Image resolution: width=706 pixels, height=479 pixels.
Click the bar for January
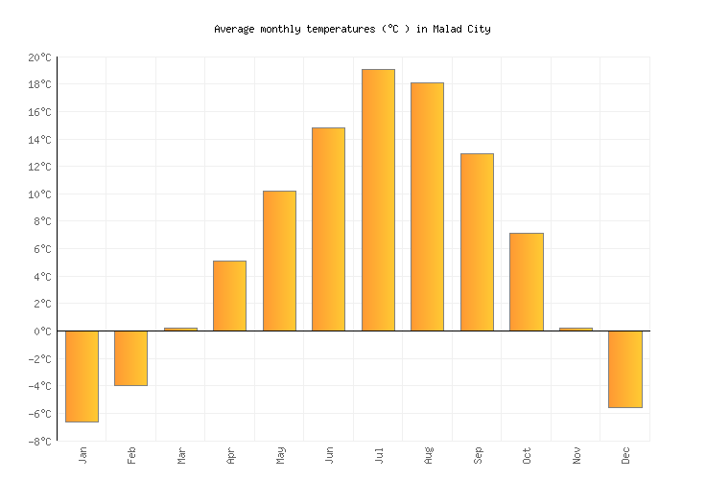pos(82,376)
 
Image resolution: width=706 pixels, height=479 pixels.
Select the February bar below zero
pos(130,357)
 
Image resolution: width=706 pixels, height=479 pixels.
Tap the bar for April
pos(229,295)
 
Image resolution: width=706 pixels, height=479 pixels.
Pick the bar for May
pos(279,261)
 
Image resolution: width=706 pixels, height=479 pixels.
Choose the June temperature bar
pos(328,229)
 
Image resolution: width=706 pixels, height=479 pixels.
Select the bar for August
pos(427,206)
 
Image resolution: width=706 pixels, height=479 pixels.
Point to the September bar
pos(477,241)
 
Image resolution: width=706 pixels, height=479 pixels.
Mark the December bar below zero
pos(624,369)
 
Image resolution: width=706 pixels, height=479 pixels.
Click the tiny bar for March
pos(180,329)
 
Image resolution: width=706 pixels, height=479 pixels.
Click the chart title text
pos(352,29)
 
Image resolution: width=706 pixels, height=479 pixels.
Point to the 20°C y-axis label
pos(38,57)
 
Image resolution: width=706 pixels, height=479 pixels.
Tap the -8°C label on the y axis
pos(38,441)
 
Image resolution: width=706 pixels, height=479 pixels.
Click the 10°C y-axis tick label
pos(38,194)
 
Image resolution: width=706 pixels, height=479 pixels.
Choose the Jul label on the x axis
pos(379,454)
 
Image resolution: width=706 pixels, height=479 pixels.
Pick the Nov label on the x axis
pos(577,455)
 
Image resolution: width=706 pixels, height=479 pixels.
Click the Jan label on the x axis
pos(82,454)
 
